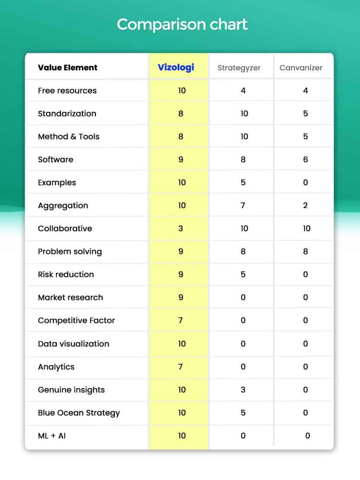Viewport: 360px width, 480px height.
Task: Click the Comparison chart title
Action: point(182,24)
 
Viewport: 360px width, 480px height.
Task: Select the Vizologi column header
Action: point(176,67)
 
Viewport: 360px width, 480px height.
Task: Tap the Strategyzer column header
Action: point(239,68)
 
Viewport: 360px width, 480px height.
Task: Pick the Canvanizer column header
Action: point(301,68)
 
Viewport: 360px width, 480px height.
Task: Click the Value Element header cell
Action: point(68,68)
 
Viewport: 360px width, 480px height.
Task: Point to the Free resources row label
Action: point(67,91)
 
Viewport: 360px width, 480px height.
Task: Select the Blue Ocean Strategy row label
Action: point(79,413)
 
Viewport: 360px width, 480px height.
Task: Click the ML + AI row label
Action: point(52,436)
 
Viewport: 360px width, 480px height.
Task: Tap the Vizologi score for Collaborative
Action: point(181,229)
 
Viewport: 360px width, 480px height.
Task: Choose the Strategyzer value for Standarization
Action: point(244,114)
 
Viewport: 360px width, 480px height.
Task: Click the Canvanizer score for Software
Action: point(305,160)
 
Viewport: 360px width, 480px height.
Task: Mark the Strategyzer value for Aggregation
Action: point(243,206)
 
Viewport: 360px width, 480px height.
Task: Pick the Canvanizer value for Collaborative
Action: point(307,229)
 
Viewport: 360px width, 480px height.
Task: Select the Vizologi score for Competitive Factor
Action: point(181,320)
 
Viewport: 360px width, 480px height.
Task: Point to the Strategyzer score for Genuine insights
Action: point(243,390)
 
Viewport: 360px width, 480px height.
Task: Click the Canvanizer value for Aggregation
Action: point(305,206)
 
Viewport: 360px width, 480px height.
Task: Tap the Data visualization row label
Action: point(74,344)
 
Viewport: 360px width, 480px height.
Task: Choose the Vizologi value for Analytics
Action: point(181,367)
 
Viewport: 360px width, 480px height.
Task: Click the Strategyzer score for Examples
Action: point(243,183)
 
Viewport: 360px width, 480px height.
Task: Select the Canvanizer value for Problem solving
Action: point(305,251)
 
